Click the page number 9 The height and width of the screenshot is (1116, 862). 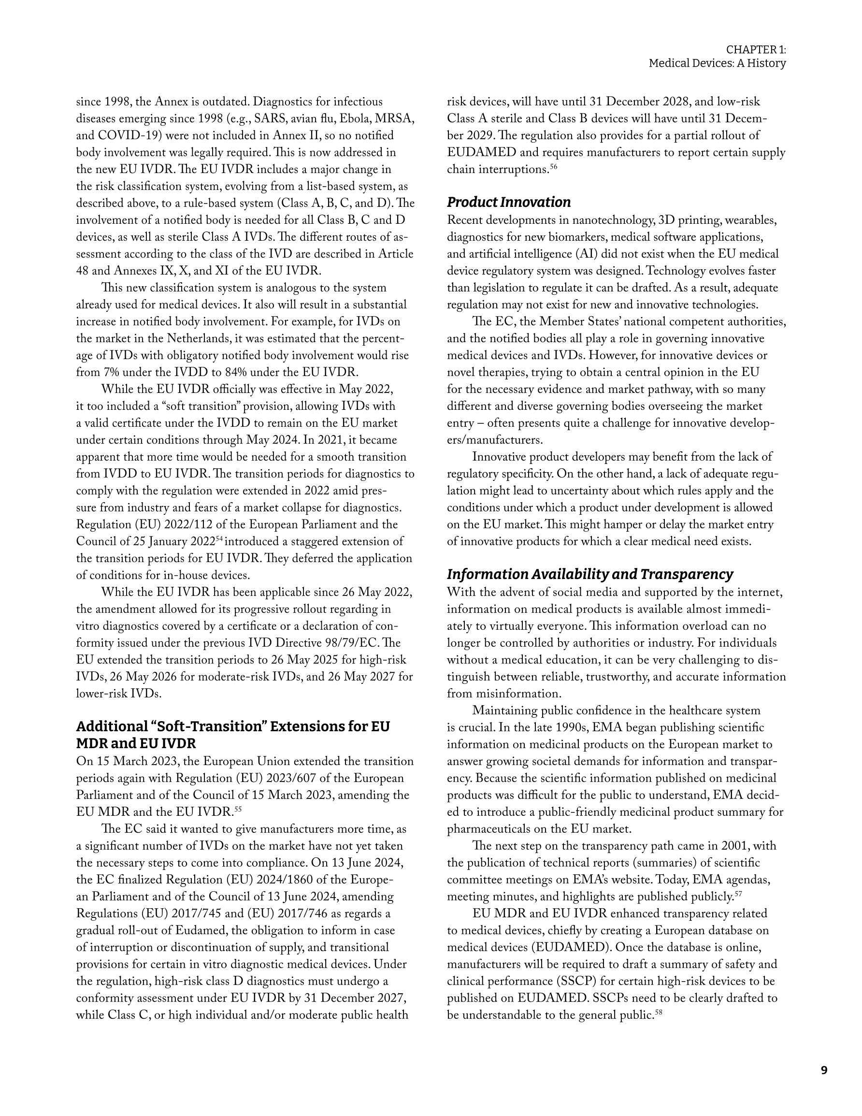(x=824, y=1070)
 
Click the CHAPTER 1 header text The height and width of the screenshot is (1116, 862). (x=756, y=50)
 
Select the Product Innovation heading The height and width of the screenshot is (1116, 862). (x=508, y=203)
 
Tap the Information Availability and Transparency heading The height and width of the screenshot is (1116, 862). (x=589, y=574)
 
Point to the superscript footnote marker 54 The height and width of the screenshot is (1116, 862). (x=220, y=538)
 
